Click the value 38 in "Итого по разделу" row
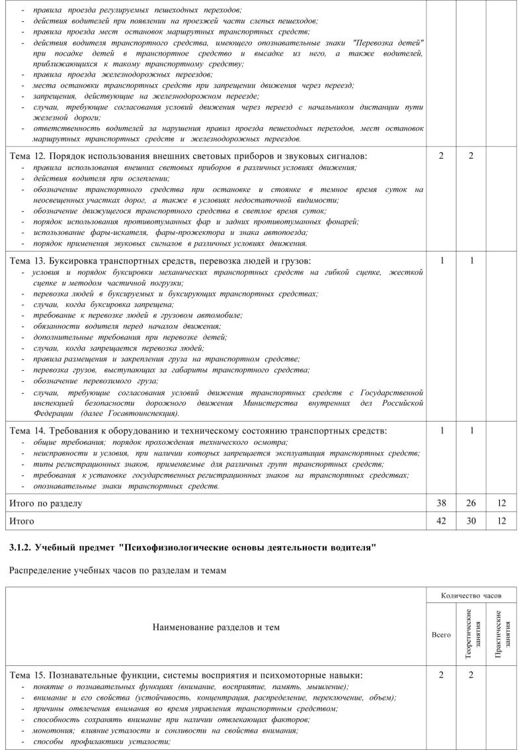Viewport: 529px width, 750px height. pos(441,504)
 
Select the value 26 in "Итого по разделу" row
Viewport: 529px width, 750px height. pos(471,504)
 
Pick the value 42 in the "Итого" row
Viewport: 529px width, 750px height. pos(441,522)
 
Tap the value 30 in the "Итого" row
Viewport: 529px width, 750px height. pos(471,522)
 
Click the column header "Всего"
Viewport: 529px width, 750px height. pos(441,634)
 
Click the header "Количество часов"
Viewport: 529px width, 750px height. pos(471,596)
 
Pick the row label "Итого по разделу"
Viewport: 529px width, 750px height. pos(46,504)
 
